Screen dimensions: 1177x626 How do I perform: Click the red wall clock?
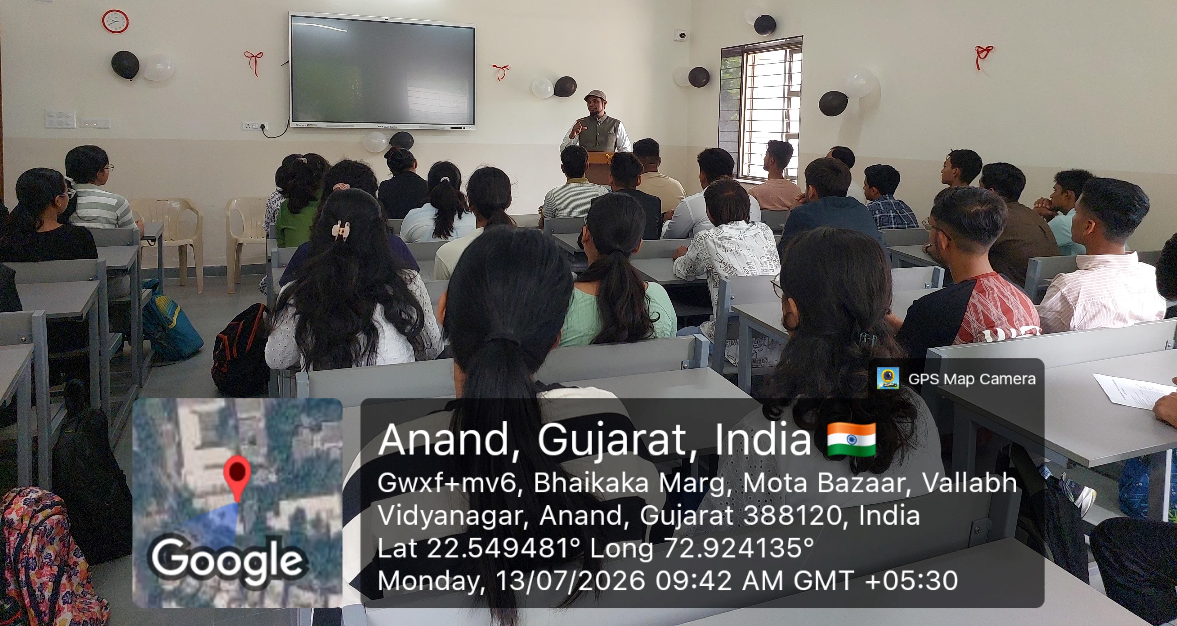coord(115,21)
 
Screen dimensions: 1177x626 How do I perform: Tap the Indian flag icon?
coord(852,439)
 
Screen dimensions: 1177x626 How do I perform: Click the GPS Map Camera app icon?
coord(888,378)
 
